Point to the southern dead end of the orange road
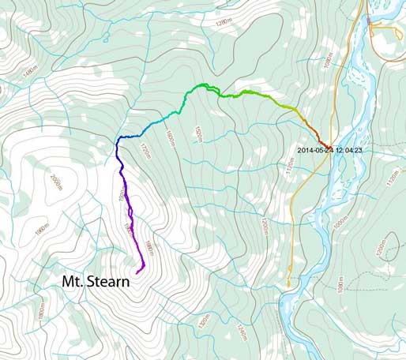pyautogui.click(x=288, y=284)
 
